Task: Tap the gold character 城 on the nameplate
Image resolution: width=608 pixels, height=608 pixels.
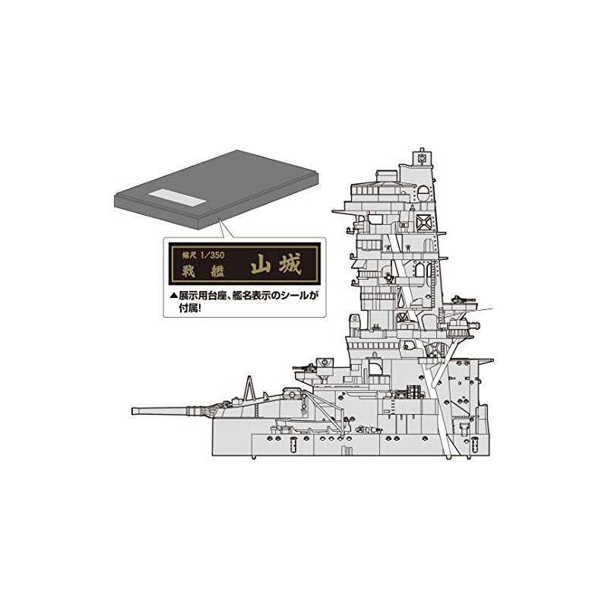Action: tap(287, 264)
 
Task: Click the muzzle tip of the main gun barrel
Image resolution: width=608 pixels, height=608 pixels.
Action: tap(135, 412)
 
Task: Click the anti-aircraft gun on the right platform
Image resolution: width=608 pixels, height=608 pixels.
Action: tap(460, 301)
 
